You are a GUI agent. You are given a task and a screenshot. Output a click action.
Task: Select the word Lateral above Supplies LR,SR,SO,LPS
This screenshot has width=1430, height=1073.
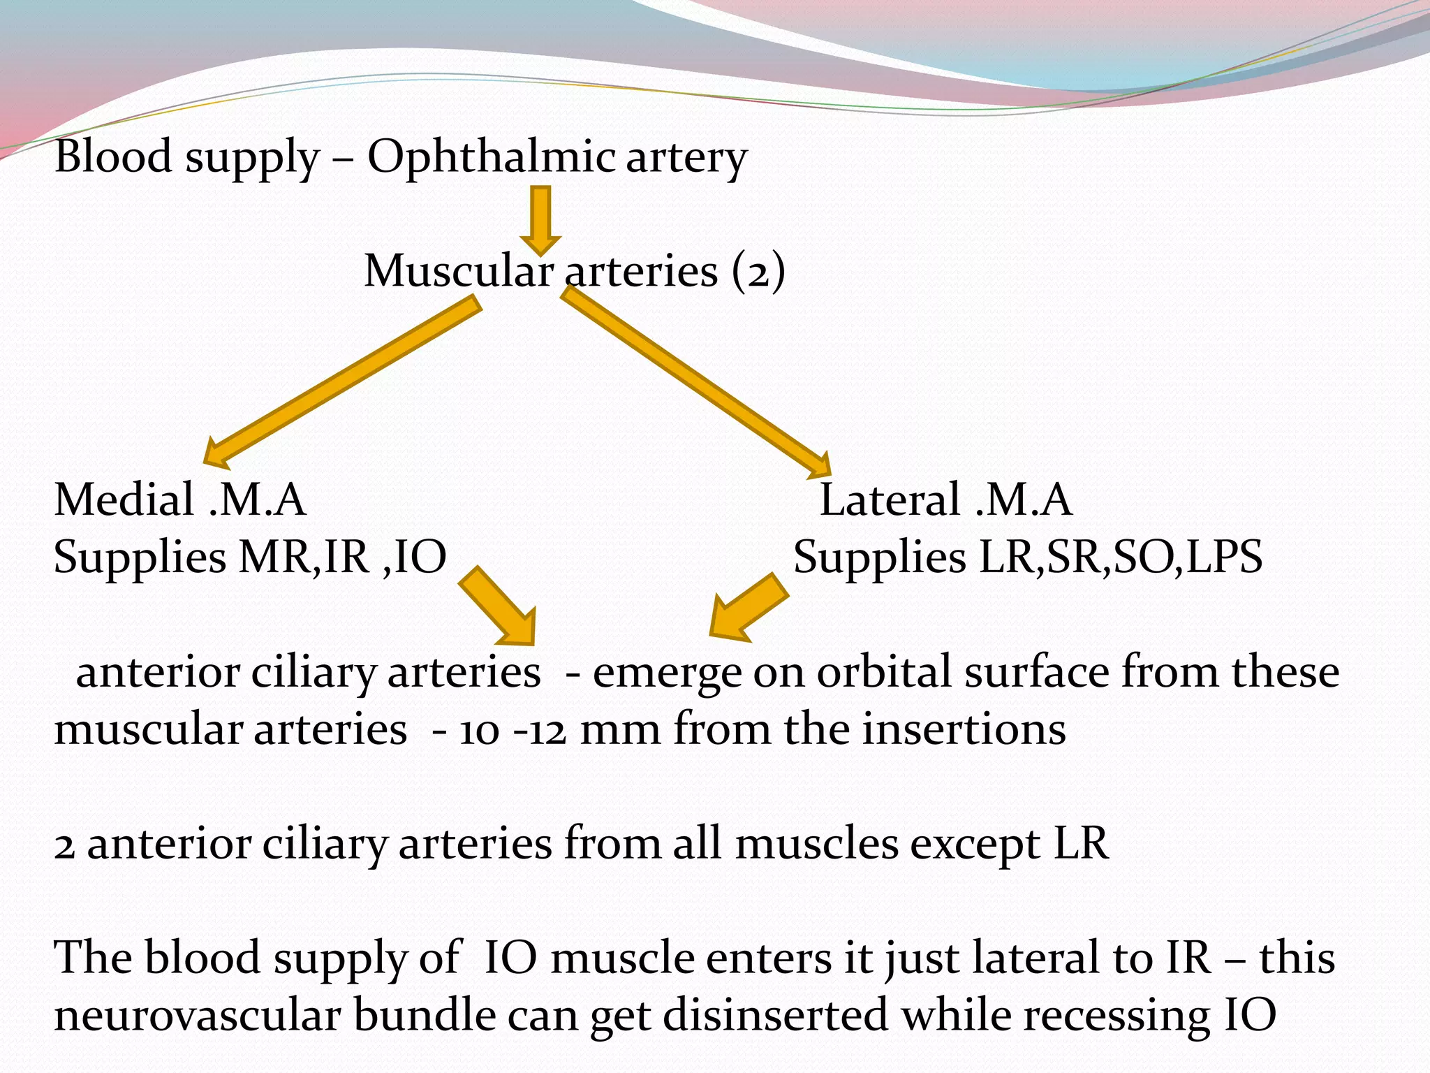click(x=890, y=500)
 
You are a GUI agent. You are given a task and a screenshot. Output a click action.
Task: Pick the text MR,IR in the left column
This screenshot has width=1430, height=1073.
click(x=303, y=557)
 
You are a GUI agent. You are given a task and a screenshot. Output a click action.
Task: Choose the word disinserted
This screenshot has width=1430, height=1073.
click(x=775, y=1016)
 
